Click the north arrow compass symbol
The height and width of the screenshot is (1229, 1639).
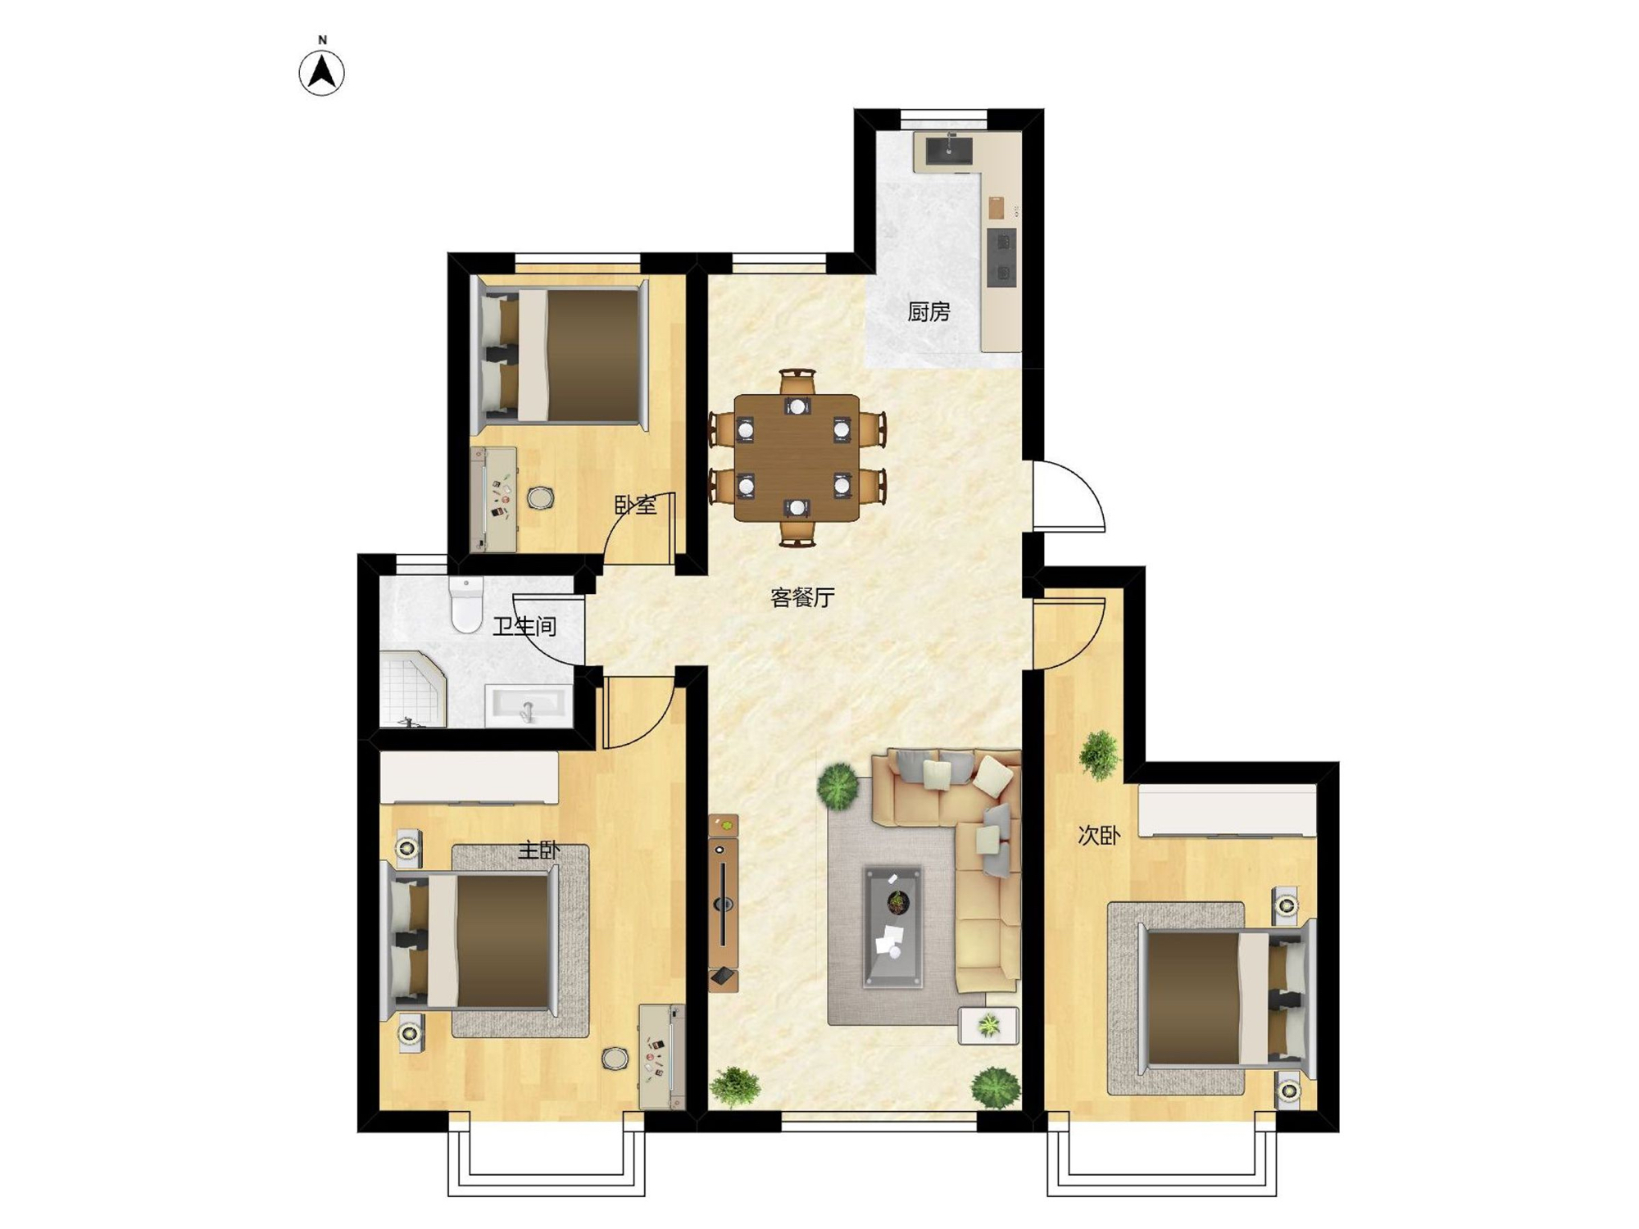322,73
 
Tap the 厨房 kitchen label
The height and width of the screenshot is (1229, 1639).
928,312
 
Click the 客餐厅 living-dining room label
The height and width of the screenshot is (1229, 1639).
802,597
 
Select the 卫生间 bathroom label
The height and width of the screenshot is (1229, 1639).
524,627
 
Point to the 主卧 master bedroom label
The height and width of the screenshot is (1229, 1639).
539,850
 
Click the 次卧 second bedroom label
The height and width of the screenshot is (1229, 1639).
1098,836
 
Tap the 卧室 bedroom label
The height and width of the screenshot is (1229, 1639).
636,505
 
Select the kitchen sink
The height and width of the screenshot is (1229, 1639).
949,151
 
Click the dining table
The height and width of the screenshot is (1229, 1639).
797,458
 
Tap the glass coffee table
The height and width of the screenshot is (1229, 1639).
893,926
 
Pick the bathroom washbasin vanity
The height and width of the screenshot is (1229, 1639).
529,705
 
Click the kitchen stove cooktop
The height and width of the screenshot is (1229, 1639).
1001,257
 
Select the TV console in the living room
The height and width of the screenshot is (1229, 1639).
724,903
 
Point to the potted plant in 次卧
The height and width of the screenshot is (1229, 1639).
1099,755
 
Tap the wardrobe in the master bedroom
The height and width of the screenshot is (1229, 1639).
470,778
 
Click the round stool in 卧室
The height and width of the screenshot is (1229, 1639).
540,497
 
